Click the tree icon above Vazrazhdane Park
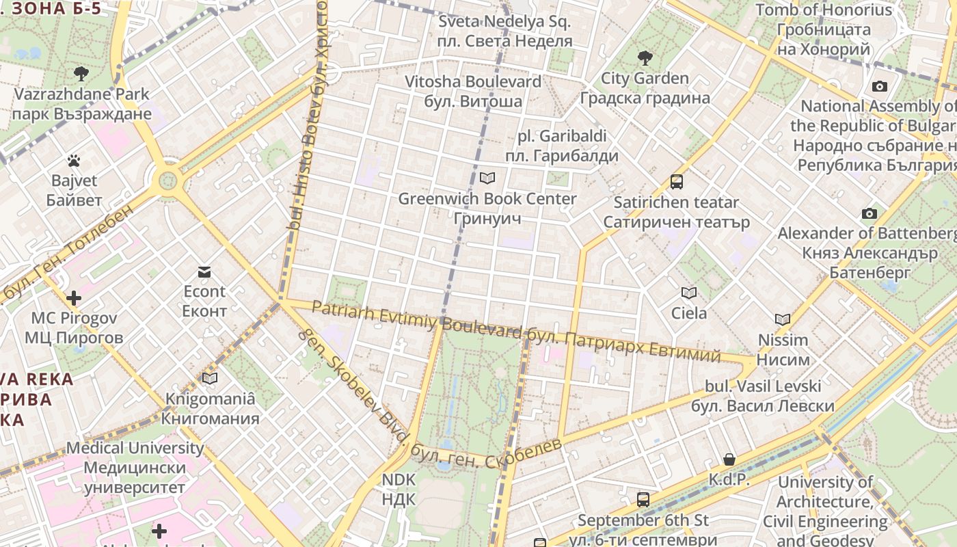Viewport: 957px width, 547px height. (x=81, y=73)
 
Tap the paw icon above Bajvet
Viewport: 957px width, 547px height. (x=74, y=161)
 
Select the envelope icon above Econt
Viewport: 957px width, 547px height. (x=204, y=271)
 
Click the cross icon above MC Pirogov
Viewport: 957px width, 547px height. (x=74, y=298)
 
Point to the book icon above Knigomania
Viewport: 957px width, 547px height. (x=210, y=378)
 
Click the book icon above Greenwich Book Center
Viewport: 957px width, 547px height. (x=487, y=178)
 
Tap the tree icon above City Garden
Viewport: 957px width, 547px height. (x=645, y=58)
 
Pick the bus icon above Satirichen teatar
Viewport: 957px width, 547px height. (x=676, y=182)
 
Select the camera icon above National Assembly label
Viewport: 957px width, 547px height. (x=879, y=86)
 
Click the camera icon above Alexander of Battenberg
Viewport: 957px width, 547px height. (x=869, y=213)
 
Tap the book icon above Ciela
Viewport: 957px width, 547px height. (x=688, y=293)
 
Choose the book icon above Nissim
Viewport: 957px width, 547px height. (x=783, y=319)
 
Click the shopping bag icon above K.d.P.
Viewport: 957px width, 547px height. (x=729, y=459)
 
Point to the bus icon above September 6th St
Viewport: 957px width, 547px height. (x=643, y=500)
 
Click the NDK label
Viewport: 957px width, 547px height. (x=399, y=489)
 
